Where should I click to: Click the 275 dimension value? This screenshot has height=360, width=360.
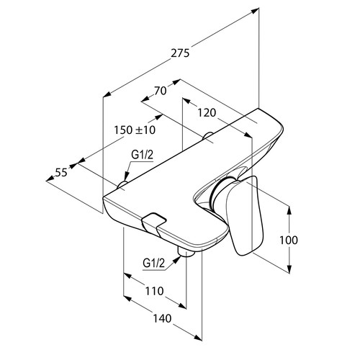click(180, 53)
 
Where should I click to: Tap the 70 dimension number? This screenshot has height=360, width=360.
click(160, 91)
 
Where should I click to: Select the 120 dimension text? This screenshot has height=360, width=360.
click(207, 112)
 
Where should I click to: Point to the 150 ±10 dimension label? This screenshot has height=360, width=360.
click(135, 130)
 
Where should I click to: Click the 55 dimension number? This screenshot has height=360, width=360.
click(61, 172)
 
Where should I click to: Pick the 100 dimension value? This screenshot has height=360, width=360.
click(289, 240)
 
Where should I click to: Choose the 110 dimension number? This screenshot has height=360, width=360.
click(154, 291)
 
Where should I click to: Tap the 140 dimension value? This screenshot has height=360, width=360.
click(162, 318)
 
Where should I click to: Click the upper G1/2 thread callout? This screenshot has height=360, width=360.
click(142, 155)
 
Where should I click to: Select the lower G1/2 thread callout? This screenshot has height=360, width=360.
click(154, 264)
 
